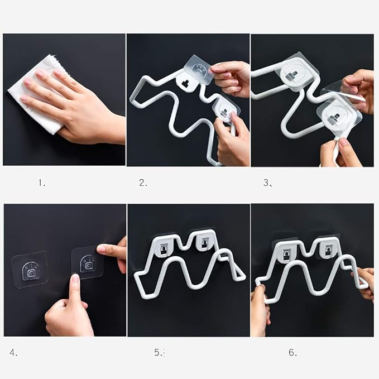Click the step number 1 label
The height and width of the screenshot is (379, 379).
pos(42,183)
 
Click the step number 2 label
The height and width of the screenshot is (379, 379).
pos(143,183)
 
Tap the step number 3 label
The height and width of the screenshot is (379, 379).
pos(268,183)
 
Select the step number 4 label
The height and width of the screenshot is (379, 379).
pos(13,353)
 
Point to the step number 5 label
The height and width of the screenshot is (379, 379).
pos(159,352)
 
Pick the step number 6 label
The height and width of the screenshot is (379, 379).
pos(293,352)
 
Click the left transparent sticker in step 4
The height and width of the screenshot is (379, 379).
pos(30,270)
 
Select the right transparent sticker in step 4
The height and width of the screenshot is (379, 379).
pos(88,263)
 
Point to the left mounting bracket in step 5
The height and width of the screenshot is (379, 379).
pos(164,247)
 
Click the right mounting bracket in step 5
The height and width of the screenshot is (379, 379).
pos(204,243)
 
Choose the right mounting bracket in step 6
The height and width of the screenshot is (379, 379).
pos(328,248)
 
